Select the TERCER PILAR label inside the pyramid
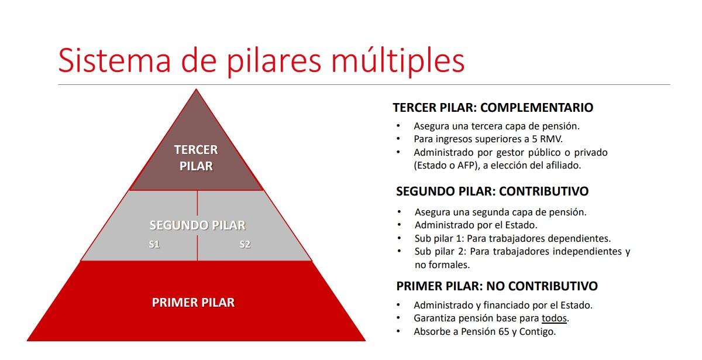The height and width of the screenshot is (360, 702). [x=196, y=158]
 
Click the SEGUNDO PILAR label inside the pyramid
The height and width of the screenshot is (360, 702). [x=197, y=225]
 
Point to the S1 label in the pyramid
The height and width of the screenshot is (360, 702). [x=154, y=245]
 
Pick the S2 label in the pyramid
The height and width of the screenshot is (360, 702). [x=245, y=245]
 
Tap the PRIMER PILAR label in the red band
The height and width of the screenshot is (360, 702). [x=193, y=303]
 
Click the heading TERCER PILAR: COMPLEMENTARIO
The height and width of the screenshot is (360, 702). [x=493, y=108]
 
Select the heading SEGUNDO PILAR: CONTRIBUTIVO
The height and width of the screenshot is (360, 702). [x=492, y=191]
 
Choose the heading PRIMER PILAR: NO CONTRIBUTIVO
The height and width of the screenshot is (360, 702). [x=497, y=286]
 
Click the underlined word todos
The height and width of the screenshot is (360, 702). [x=554, y=318]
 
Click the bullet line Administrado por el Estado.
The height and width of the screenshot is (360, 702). [x=476, y=225]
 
